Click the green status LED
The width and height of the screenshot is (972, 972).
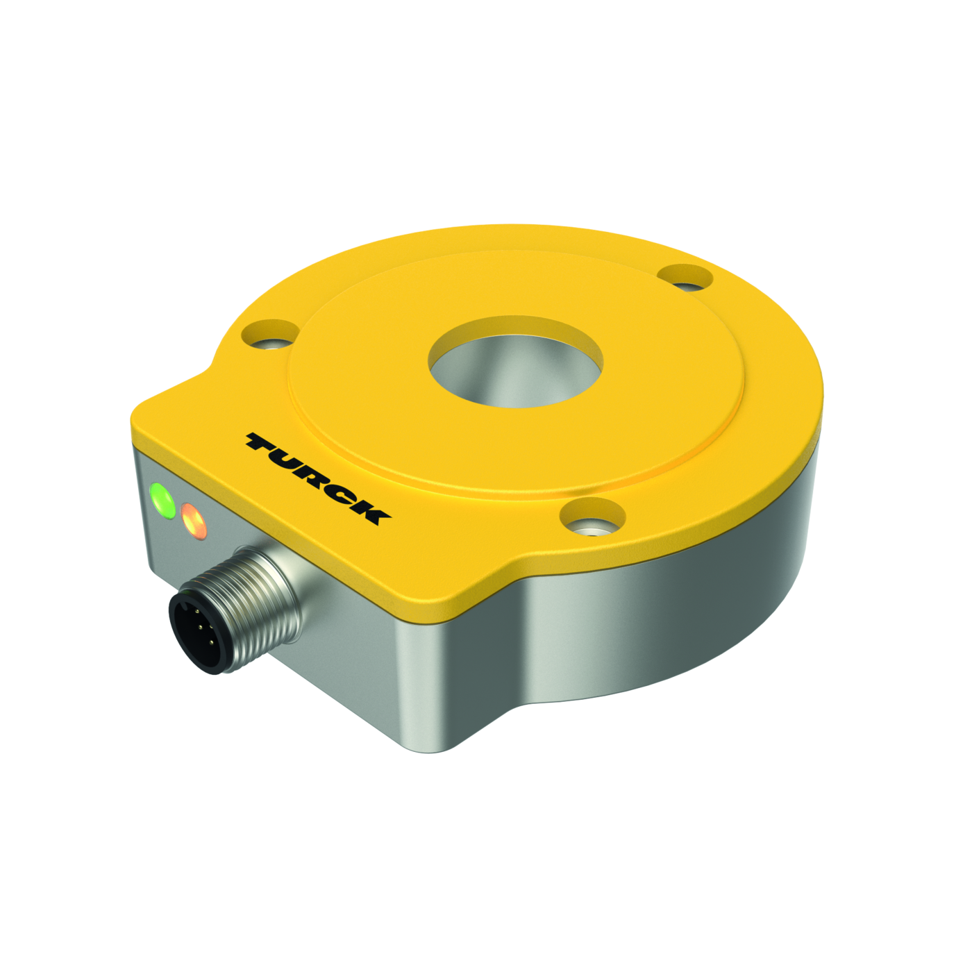pyautogui.click(x=162, y=500)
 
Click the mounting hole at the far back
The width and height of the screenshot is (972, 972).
pyautogui.click(x=686, y=278)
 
